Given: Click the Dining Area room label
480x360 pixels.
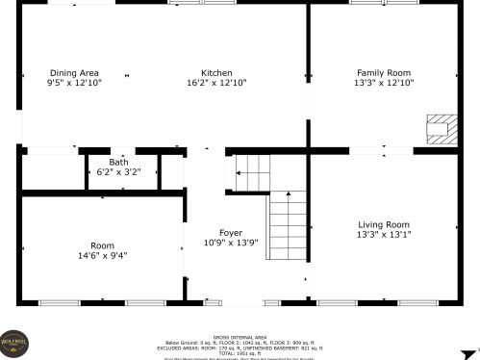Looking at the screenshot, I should (74, 73).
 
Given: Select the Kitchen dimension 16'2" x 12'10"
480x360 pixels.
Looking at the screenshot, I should (215, 84).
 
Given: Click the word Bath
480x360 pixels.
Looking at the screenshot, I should (118, 163).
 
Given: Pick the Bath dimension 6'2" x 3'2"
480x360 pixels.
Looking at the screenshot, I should (118, 172).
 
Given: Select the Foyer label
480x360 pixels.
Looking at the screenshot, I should (230, 233).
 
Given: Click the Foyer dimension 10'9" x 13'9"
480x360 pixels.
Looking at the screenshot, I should (230, 244).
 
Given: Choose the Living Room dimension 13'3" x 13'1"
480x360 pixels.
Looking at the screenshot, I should (384, 235).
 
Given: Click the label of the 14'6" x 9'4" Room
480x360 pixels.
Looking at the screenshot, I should (102, 245).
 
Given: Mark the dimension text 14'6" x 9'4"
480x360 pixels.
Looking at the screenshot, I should (102, 256).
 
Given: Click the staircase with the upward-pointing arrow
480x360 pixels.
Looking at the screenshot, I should (287, 225).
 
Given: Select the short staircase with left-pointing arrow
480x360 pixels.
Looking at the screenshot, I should (252, 174).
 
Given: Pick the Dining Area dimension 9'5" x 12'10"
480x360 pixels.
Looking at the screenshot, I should (74, 84).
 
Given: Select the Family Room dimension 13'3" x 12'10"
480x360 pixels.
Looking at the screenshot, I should (384, 84).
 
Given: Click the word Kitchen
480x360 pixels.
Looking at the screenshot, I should (215, 73).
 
